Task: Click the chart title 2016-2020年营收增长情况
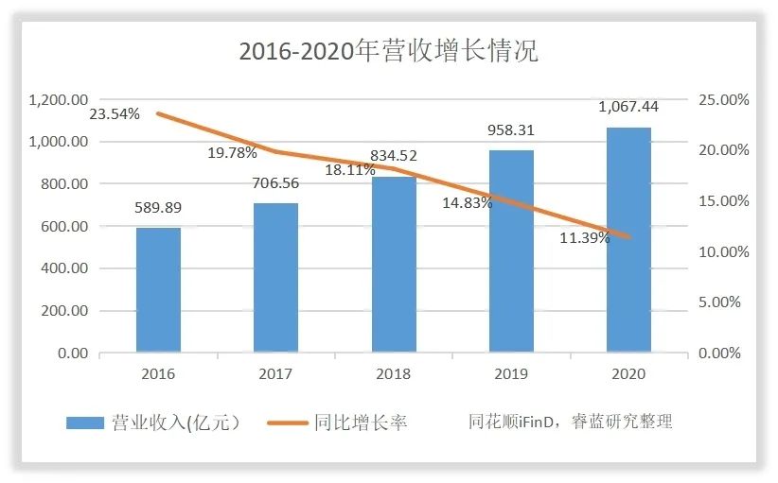coord(388,51)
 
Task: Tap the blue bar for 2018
coord(394,265)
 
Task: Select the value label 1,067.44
coord(628,107)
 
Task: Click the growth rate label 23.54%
coord(115,113)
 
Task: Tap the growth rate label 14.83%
coord(467,201)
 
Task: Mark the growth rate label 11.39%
coord(584,237)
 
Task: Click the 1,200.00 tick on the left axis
coord(59,99)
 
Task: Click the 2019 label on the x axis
coord(511,373)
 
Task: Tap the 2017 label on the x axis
coord(275,373)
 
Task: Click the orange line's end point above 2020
coord(628,237)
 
